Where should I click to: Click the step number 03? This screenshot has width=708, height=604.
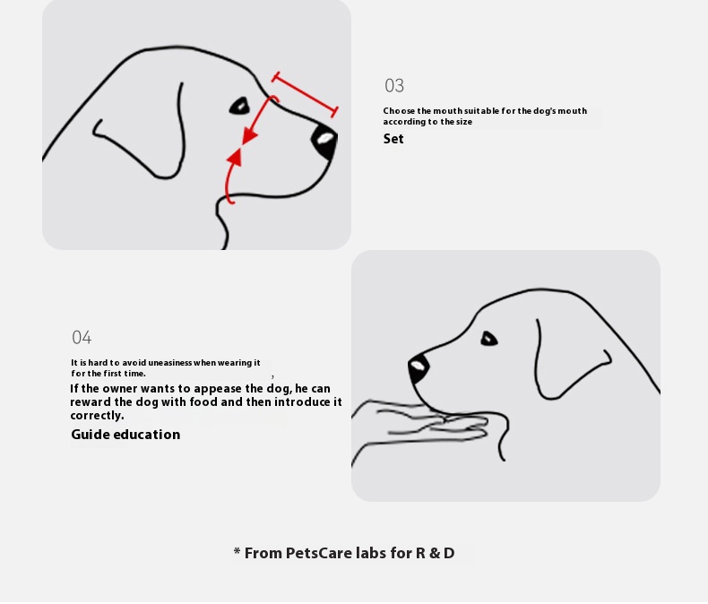pyautogui.click(x=394, y=85)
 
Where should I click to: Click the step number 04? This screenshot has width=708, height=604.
pyautogui.click(x=82, y=337)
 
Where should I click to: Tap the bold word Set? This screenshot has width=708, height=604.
pyautogui.click(x=393, y=139)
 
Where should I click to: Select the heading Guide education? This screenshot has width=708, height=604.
pyautogui.click(x=125, y=435)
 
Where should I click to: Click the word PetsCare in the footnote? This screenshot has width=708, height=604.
pyautogui.click(x=318, y=553)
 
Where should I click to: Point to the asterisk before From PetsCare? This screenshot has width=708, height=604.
pyautogui.click(x=237, y=551)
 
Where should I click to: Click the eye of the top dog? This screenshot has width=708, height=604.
pyautogui.click(x=239, y=106)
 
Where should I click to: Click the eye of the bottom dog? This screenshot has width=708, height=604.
pyautogui.click(x=488, y=339)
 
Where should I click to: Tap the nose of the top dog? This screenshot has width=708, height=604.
pyautogui.click(x=324, y=141)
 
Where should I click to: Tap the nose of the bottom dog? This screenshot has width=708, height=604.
pyautogui.click(x=419, y=367)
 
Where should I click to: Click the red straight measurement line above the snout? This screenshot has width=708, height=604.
pyautogui.click(x=305, y=94)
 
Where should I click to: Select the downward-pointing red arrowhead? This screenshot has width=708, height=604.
pyautogui.click(x=249, y=136)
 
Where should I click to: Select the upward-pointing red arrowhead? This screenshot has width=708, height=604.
pyautogui.click(x=235, y=156)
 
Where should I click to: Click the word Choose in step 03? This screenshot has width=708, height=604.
pyautogui.click(x=399, y=111)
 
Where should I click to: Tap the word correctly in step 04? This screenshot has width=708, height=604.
pyautogui.click(x=97, y=416)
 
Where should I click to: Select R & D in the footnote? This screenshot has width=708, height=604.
pyautogui.click(x=436, y=553)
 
